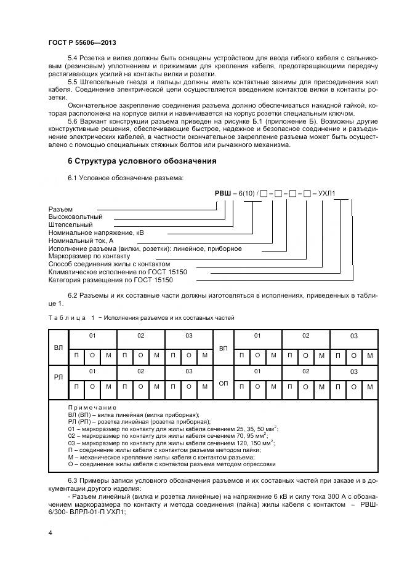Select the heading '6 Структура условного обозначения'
pos(142,161)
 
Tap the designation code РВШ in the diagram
pos(222,194)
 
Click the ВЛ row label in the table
pos(58,347)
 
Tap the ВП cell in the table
pos(224,347)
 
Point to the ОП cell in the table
pos(224,383)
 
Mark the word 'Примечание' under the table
pos(92,408)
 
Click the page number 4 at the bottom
pos(50,533)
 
